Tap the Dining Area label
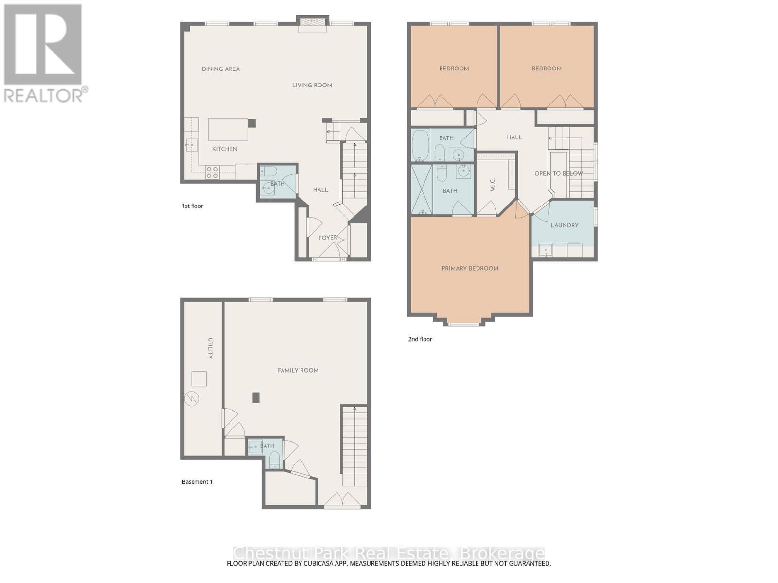[x=221, y=69]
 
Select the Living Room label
[x=312, y=86]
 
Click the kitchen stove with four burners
[x=212, y=172]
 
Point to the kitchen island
[x=229, y=129]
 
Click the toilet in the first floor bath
[x=269, y=171]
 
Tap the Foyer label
[x=328, y=238]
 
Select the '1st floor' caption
[x=193, y=206]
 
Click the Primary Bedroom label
[x=470, y=268]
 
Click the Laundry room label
[x=565, y=225]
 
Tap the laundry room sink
[x=545, y=251]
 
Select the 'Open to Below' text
[x=558, y=173]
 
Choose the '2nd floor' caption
[x=420, y=339]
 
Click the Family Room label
[x=298, y=370]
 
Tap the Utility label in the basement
[x=211, y=348]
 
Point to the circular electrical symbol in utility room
[x=192, y=399]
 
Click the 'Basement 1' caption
[x=197, y=482]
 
